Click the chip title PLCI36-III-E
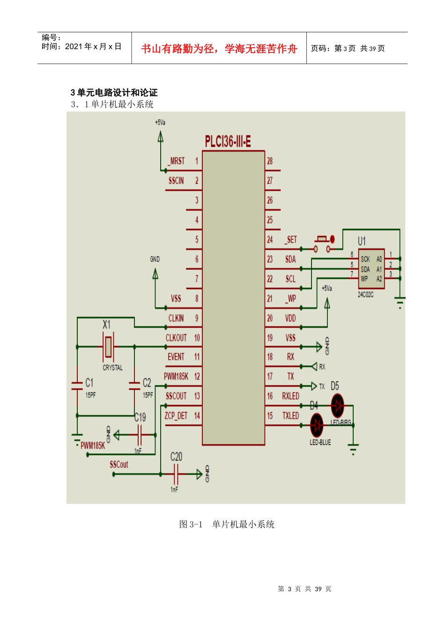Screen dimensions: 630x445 pos(228,142)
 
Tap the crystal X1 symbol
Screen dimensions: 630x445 pos(108,346)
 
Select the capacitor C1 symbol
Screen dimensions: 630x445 pos(77,386)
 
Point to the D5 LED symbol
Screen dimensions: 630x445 pos(337,405)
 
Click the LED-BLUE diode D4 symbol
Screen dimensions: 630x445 pos(317,425)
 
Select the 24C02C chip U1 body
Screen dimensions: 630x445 pos(371,269)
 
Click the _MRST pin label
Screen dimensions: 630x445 pos(176,161)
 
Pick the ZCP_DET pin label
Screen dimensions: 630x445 pos(176,416)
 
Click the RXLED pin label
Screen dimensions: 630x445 pos(290,396)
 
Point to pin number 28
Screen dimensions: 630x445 pos(270,161)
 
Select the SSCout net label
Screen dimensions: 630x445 pos(119,465)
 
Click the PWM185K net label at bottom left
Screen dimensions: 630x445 pos(93,445)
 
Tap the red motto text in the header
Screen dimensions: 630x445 pos(219,49)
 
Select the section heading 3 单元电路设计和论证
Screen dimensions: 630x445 pos(114,92)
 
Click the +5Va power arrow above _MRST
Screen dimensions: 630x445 pos(161,136)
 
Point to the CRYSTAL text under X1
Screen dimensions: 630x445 pos(112,368)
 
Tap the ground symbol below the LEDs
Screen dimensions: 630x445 pos(353,449)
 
